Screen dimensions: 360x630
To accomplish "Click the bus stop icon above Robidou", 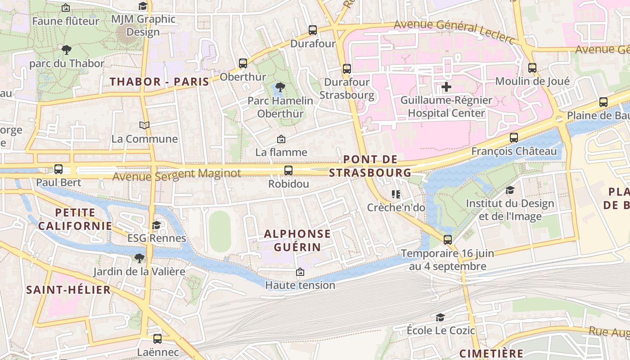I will tap(288, 171).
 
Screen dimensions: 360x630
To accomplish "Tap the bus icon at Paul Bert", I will tap(58, 169).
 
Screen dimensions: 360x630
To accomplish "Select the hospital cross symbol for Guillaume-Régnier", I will tap(446, 87).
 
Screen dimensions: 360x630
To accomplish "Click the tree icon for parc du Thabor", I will tap(67, 50).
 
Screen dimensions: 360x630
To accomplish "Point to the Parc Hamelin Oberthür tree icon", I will tap(280, 87).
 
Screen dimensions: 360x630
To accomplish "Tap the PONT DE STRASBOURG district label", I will tap(370, 166).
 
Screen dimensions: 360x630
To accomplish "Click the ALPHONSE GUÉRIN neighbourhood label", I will tap(297, 240).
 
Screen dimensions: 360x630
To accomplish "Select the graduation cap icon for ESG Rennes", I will tap(156, 225).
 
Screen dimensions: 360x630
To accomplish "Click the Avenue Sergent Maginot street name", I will tap(176, 174).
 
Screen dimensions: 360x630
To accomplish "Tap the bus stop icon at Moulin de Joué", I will tap(532, 68).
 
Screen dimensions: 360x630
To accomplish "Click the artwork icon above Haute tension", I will tap(300, 272).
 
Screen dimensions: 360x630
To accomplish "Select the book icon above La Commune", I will tap(144, 125).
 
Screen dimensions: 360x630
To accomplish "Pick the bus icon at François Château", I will tap(514, 138).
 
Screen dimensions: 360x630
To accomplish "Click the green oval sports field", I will tap(220, 231).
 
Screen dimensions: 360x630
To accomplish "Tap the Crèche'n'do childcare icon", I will tap(396, 194).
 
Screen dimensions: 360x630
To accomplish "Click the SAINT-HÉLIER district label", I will tap(68, 290).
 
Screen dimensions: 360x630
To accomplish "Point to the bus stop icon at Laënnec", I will tap(157, 339).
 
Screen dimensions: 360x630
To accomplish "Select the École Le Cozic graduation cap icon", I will tap(440, 318).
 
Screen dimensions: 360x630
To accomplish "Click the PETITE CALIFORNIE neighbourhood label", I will tap(75, 219).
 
